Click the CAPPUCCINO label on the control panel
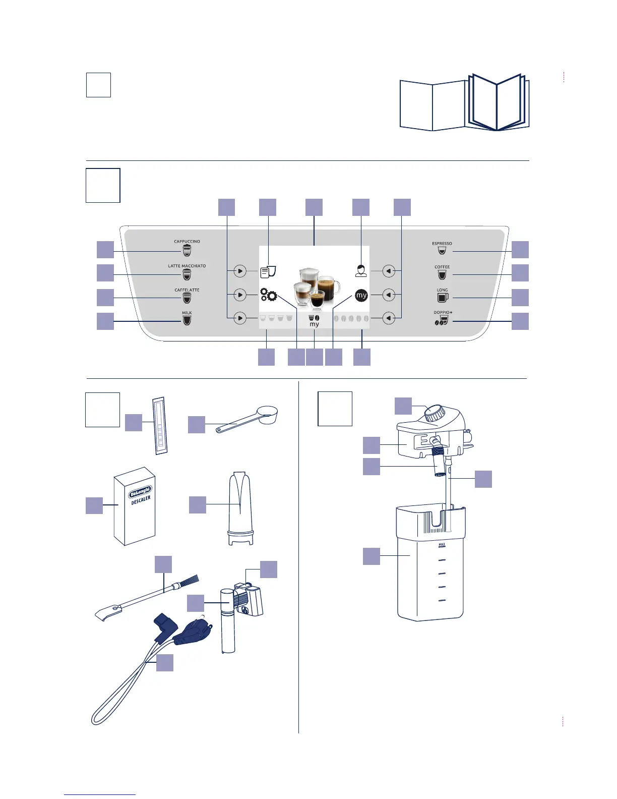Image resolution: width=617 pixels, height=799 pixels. [x=187, y=241]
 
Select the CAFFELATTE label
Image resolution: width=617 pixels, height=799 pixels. [x=187, y=290]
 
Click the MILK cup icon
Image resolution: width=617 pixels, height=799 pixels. [x=187, y=320]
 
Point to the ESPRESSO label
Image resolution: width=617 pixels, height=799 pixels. [x=442, y=243]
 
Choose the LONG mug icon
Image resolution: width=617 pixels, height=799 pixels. [x=443, y=298]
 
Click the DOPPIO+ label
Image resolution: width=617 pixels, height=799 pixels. [x=443, y=312]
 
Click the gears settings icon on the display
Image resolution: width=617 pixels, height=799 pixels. [x=269, y=295]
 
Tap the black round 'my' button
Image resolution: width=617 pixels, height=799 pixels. [x=361, y=295]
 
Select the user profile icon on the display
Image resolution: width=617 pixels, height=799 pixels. [x=360, y=271]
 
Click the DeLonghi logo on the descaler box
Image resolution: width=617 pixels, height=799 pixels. [x=140, y=492]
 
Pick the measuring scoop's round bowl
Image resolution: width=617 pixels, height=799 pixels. [x=267, y=415]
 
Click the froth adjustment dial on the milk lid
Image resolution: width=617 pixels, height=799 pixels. [x=434, y=413]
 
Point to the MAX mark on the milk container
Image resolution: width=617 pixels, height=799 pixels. [x=442, y=545]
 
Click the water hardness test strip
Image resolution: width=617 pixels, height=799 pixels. [x=160, y=425]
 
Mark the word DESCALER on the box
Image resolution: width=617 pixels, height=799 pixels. [x=141, y=500]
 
